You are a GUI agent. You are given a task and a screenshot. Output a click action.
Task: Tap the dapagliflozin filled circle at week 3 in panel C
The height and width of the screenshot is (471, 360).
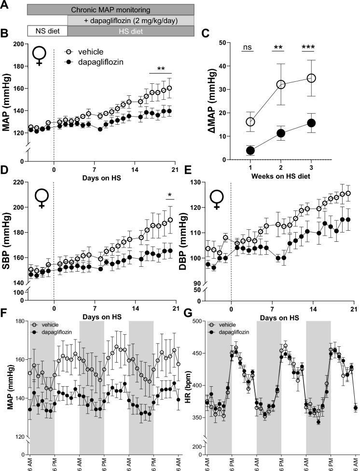click(x=311, y=123)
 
